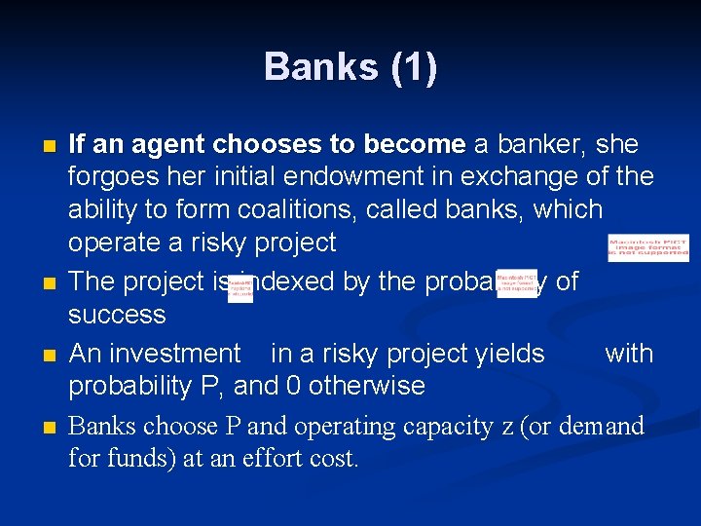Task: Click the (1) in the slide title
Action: (x=413, y=67)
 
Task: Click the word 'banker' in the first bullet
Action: (x=535, y=145)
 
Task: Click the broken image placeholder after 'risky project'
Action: (x=647, y=248)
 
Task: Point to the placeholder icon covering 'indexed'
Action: (x=240, y=287)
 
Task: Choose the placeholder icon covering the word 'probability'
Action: (x=516, y=283)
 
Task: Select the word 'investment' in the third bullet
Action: (x=182, y=354)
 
